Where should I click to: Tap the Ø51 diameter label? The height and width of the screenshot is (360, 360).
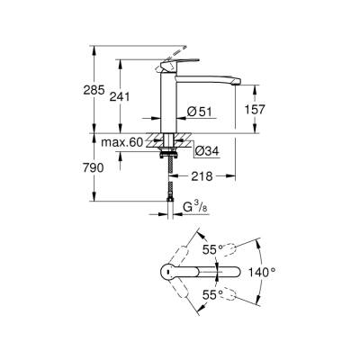tap(199, 111)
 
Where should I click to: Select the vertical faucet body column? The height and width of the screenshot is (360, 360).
tap(167, 103)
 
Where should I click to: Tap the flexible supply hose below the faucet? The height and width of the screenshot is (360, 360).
tap(168, 184)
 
